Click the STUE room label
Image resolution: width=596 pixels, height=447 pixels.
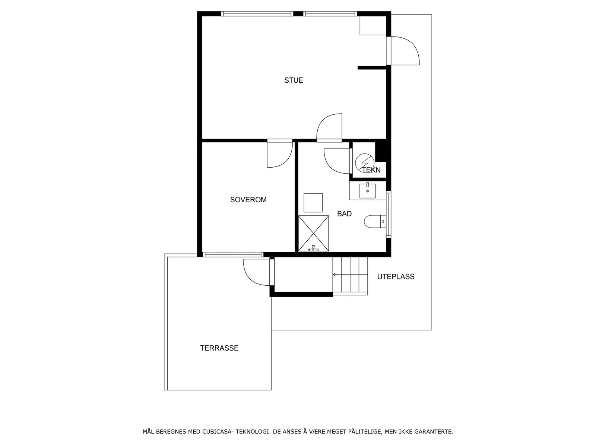coord(293,80)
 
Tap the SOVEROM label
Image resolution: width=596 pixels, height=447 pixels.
coord(248,200)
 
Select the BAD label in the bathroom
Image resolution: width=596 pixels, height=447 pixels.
coord(344,213)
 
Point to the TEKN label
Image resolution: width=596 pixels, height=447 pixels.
coord(371,170)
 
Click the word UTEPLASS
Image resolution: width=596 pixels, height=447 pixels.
coord(396,276)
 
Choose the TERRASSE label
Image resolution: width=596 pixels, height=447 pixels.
coord(219,348)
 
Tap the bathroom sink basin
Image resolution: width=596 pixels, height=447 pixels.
coord(367,191)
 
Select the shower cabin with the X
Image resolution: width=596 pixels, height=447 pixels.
coord(313,234)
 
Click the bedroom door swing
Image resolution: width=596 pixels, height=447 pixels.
coord(280,153)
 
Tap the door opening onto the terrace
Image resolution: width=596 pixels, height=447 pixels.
coord(258,272)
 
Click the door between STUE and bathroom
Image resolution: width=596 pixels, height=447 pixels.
coord(329,127)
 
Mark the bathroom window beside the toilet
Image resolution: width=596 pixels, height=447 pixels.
coord(389,215)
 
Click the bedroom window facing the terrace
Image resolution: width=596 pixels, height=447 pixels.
coord(233,254)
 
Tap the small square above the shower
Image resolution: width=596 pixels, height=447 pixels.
coord(313,203)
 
